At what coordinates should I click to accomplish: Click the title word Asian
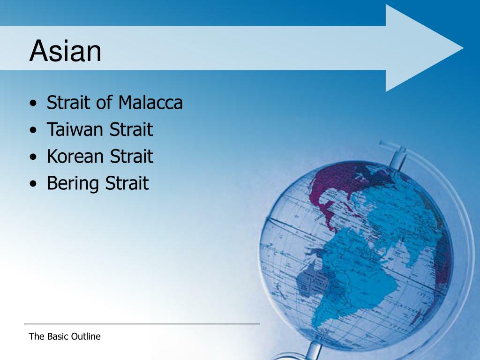pyautogui.click(x=65, y=51)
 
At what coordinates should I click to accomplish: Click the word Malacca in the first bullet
pyautogui.click(x=150, y=102)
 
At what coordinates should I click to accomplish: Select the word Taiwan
pyautogui.click(x=75, y=129)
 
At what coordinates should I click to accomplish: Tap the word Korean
pyautogui.click(x=75, y=156)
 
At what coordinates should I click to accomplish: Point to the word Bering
pyautogui.click(x=73, y=184)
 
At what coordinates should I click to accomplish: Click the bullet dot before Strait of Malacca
pyautogui.click(x=33, y=104)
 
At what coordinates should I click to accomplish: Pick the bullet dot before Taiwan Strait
pyautogui.click(x=33, y=130)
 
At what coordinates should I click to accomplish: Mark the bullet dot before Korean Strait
pyautogui.click(x=33, y=157)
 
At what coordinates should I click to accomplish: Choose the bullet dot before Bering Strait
pyautogui.click(x=33, y=184)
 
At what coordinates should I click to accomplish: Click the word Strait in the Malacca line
pyautogui.click(x=69, y=102)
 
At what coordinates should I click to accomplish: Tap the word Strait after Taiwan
pyautogui.click(x=131, y=129)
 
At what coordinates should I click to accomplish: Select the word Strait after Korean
pyautogui.click(x=132, y=156)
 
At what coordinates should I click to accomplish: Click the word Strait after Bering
pyautogui.click(x=127, y=183)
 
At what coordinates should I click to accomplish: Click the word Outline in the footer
pyautogui.click(x=86, y=337)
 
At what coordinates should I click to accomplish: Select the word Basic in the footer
pyautogui.click(x=58, y=337)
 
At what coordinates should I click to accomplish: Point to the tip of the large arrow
pyautogui.click(x=463, y=48)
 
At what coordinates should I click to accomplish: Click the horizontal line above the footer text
pyautogui.click(x=142, y=323)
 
